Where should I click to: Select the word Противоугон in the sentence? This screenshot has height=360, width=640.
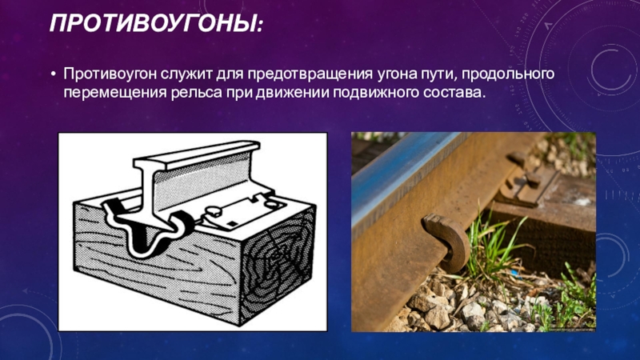coord(109,74)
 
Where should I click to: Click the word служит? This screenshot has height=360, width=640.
coord(184,74)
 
